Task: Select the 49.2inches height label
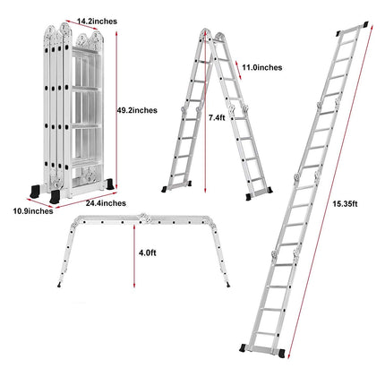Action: [136, 110]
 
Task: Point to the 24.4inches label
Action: [106, 204]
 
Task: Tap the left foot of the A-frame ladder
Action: [167, 191]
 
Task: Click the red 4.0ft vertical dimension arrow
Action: [135, 254]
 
